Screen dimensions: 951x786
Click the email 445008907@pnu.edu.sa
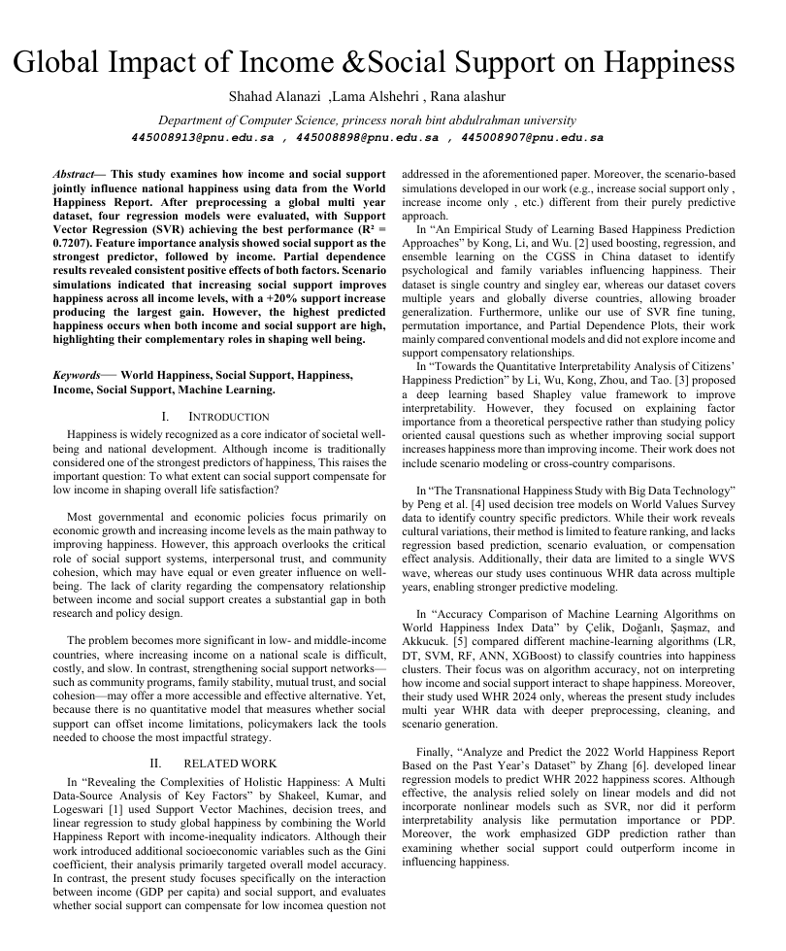(x=533, y=138)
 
